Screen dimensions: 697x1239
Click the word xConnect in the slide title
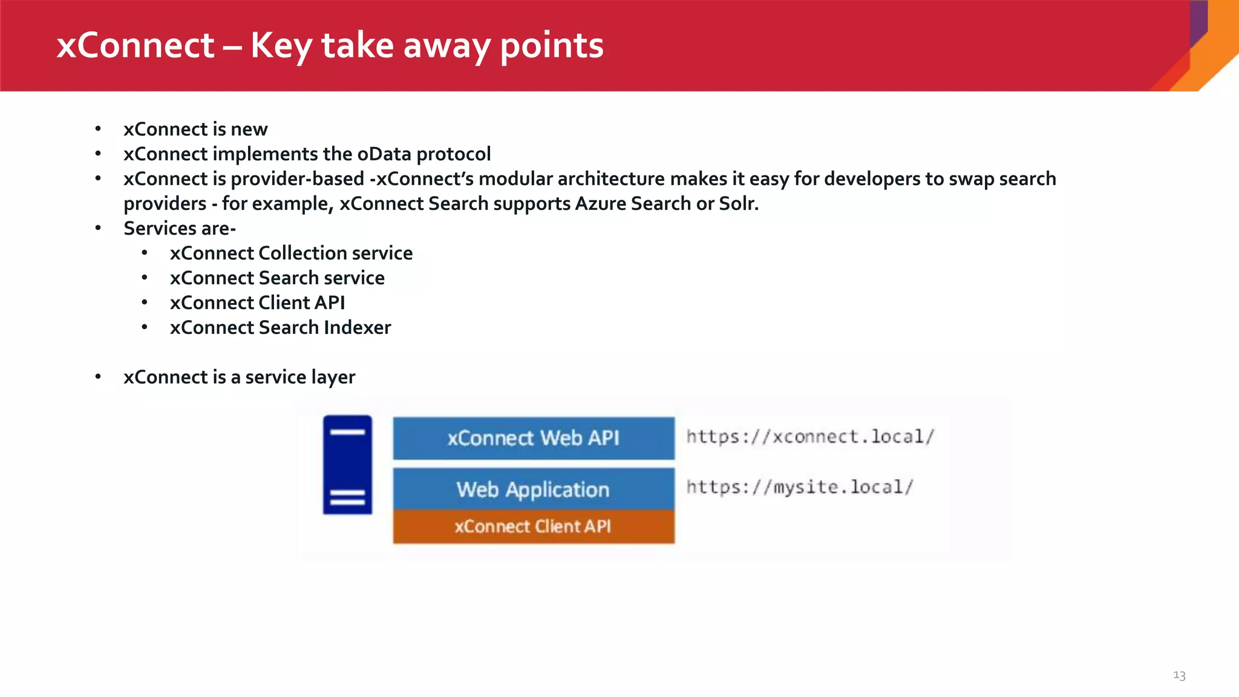click(x=136, y=46)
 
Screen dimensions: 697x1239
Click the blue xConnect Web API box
click(x=533, y=438)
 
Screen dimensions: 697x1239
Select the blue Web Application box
click(x=533, y=489)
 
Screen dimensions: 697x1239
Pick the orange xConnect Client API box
click(x=533, y=526)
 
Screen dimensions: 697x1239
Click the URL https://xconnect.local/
click(x=810, y=437)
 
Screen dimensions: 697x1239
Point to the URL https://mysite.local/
click(x=799, y=487)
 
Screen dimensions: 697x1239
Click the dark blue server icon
click(x=347, y=465)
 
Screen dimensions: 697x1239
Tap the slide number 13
click(x=1179, y=675)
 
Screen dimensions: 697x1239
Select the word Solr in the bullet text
click(x=738, y=204)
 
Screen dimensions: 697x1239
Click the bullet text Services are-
click(x=180, y=229)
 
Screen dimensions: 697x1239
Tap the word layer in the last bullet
click(x=333, y=378)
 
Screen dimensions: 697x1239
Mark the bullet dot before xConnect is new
click(x=98, y=129)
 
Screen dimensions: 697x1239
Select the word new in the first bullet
click(x=249, y=129)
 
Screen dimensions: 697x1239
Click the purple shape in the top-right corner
click(x=1198, y=21)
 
